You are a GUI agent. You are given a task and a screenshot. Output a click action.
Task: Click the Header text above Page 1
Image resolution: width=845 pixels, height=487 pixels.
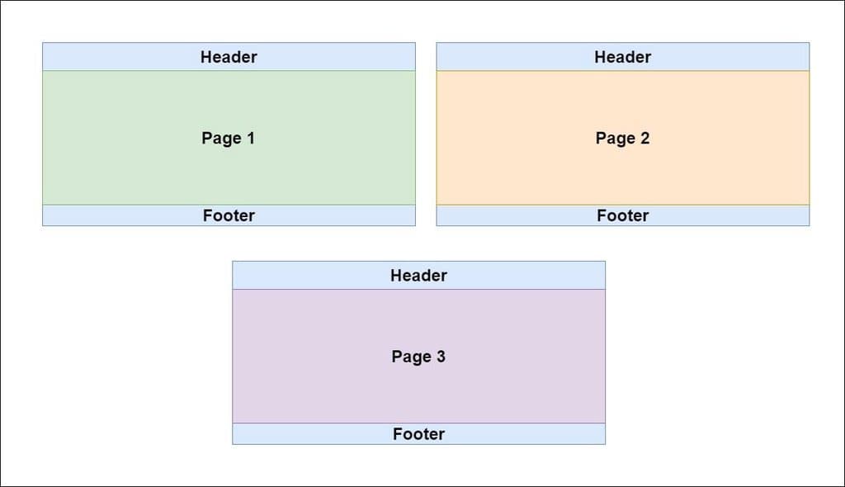click(229, 57)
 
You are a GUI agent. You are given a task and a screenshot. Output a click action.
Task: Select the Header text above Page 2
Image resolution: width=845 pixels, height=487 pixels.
click(622, 57)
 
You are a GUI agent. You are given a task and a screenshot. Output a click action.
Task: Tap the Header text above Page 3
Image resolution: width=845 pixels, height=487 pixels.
click(418, 276)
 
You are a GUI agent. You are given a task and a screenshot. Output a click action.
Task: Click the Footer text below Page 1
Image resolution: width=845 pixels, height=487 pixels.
click(229, 215)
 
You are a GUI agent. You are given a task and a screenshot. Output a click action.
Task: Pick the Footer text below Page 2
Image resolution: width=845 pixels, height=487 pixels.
click(622, 215)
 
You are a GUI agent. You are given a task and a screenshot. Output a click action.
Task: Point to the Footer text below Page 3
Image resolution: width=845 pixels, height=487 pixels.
click(418, 434)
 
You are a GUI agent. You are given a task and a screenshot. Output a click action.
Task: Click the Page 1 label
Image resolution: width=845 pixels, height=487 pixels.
click(228, 138)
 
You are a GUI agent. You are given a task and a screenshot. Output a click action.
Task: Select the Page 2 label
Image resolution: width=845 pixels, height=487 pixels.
click(622, 138)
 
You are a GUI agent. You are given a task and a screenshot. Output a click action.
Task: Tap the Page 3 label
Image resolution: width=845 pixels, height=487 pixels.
click(418, 357)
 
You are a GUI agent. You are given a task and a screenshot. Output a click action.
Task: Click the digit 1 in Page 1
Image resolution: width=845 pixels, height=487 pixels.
click(251, 138)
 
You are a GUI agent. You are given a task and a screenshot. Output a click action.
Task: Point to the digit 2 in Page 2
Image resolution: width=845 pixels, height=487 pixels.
click(644, 138)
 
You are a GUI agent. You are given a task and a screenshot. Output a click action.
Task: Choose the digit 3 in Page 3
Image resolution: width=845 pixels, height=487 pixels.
click(441, 357)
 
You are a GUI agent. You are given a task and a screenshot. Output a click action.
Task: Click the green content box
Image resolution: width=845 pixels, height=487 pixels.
click(124, 165)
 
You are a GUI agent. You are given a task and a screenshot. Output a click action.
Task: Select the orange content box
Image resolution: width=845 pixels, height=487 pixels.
click(520, 165)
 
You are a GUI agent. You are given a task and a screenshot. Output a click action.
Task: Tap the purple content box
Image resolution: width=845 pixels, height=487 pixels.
click(314, 388)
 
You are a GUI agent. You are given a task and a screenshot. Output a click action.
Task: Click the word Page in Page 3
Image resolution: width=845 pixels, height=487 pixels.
click(411, 357)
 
